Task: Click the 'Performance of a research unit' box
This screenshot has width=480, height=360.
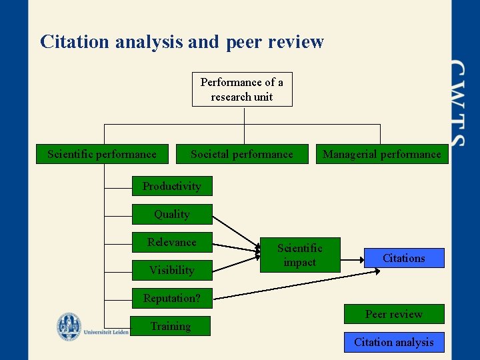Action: click(x=241, y=89)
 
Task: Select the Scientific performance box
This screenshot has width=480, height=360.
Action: click(x=102, y=154)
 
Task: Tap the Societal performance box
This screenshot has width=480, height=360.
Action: click(x=241, y=154)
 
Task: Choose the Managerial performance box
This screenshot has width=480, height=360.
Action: click(x=381, y=154)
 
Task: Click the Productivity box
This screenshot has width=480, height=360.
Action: click(x=171, y=186)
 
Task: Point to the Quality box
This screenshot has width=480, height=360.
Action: click(x=171, y=214)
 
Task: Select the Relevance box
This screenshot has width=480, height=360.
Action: click(x=171, y=242)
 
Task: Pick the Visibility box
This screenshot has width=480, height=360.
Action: click(x=171, y=270)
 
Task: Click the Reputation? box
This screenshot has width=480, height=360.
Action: click(x=171, y=298)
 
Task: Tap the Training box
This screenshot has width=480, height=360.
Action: click(x=170, y=326)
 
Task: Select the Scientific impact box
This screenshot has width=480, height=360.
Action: click(x=299, y=255)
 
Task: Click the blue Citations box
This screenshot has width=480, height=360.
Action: click(x=403, y=258)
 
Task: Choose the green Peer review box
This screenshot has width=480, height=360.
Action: click(x=393, y=314)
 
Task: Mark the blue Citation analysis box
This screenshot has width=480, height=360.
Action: click(x=393, y=342)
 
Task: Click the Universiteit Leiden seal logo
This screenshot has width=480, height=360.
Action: click(x=69, y=327)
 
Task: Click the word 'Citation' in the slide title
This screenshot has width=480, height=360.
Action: click(x=74, y=42)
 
